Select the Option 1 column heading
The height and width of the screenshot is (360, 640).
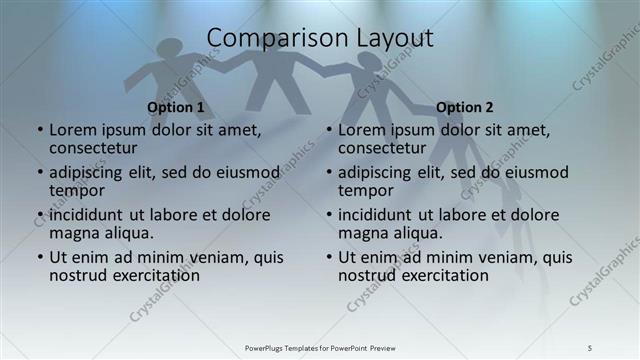175,107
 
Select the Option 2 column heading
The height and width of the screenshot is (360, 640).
465,107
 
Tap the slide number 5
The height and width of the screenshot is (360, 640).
590,347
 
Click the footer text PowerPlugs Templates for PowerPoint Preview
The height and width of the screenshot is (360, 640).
320,347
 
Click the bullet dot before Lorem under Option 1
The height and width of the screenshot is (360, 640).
39,130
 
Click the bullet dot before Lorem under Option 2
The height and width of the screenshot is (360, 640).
328,130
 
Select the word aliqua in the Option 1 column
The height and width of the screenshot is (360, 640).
129,233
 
